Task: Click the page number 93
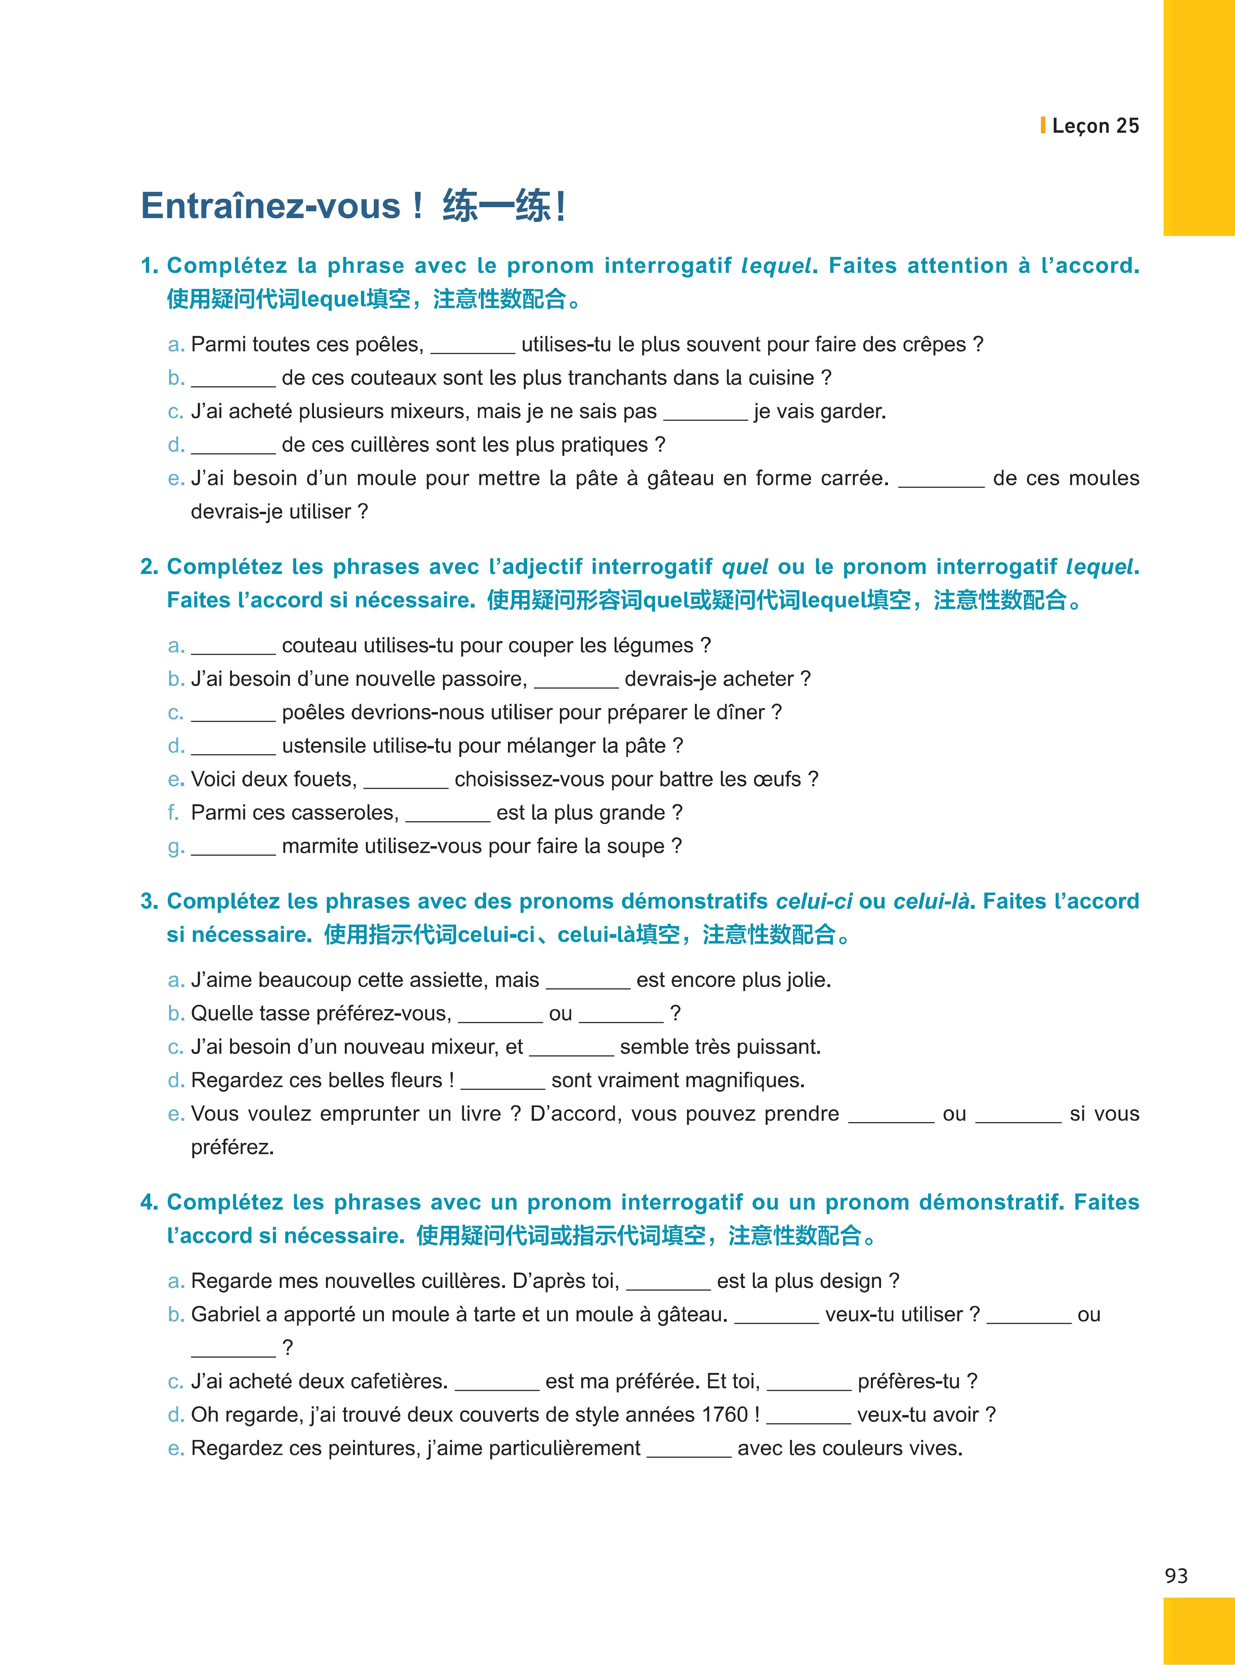click(1176, 1576)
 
